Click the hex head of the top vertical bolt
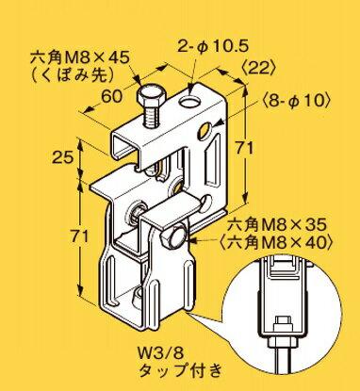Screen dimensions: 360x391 150,99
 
